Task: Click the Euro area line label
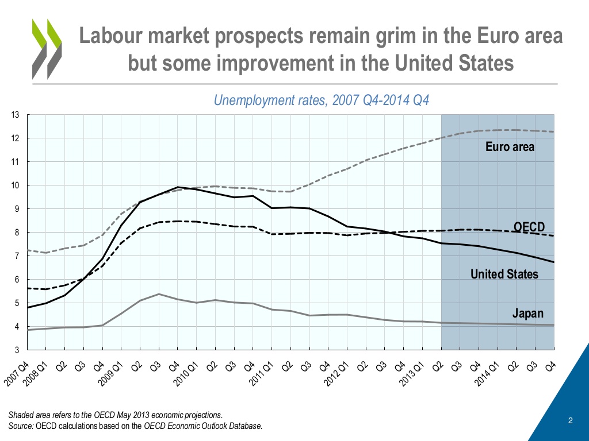(x=510, y=147)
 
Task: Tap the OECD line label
(x=529, y=227)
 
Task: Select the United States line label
(x=504, y=274)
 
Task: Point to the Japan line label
(x=527, y=314)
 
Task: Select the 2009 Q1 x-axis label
(x=113, y=373)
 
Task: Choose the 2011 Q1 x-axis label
(x=263, y=373)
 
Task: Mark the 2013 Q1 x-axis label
(x=414, y=373)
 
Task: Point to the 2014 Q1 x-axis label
(x=489, y=373)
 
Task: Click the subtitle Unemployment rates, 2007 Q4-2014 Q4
(x=322, y=100)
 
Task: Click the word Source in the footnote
(x=21, y=425)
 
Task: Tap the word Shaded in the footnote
(x=22, y=415)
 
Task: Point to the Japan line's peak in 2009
(x=158, y=294)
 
